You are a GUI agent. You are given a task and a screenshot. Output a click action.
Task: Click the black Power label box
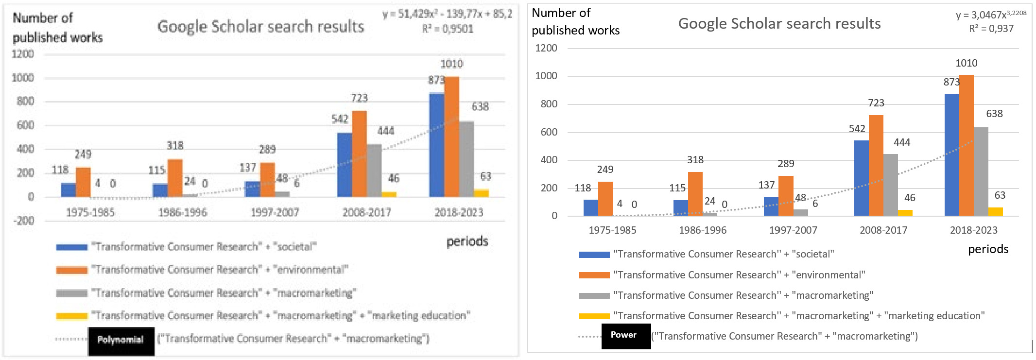click(x=626, y=336)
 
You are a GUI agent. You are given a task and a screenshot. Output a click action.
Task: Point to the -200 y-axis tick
click(x=23, y=221)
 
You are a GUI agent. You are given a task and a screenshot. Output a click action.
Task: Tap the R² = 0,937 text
click(x=991, y=29)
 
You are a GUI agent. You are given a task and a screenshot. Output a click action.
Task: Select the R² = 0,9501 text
click(x=447, y=29)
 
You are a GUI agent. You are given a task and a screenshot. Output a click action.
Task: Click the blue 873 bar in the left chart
click(x=436, y=146)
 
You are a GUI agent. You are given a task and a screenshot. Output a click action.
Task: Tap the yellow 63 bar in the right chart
click(x=995, y=212)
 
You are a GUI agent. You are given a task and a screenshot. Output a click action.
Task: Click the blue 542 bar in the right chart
click(x=861, y=178)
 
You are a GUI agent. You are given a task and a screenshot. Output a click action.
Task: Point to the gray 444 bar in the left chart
click(x=374, y=171)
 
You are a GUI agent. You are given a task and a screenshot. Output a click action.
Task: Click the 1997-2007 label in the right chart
click(x=793, y=230)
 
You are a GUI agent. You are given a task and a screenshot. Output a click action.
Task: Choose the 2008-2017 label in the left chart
click(x=366, y=213)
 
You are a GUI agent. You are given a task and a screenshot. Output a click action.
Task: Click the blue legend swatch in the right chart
click(x=594, y=255)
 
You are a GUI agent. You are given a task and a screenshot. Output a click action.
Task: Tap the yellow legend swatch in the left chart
click(x=71, y=316)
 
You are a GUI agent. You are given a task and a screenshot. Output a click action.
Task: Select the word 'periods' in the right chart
click(x=988, y=249)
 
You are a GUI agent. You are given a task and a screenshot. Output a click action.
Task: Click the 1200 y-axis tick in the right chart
click(x=546, y=48)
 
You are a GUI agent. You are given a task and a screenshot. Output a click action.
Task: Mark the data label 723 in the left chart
click(x=359, y=98)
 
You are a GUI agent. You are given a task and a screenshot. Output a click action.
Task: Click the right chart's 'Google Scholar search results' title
click(x=779, y=23)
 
